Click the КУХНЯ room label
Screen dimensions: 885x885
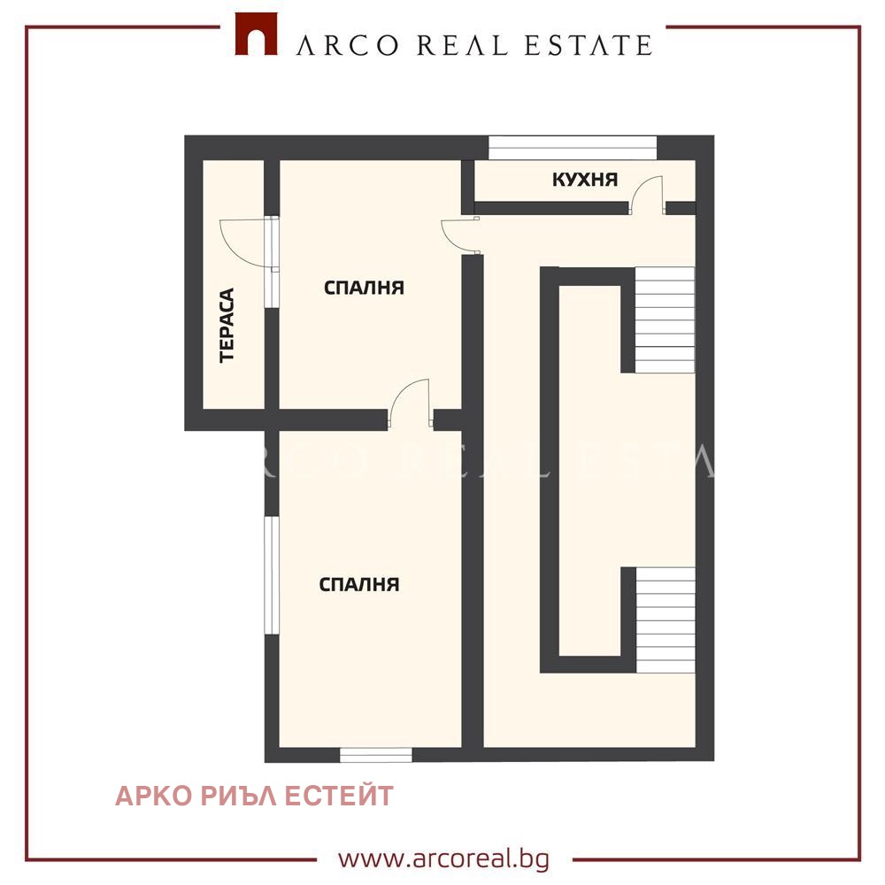click(585, 180)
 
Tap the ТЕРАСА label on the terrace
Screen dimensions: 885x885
click(227, 325)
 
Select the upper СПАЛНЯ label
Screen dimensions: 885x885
click(364, 288)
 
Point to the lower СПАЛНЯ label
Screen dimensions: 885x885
click(359, 584)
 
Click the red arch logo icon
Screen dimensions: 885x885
click(256, 34)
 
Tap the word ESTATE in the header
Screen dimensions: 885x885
click(589, 46)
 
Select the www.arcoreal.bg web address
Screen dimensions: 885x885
click(443, 859)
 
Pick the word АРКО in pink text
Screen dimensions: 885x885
click(153, 796)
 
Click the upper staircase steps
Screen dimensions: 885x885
click(665, 319)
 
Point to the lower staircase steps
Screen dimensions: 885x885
click(666, 619)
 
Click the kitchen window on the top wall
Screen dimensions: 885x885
click(573, 148)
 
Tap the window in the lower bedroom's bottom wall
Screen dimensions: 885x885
click(376, 755)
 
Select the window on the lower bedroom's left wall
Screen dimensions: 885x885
click(272, 575)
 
